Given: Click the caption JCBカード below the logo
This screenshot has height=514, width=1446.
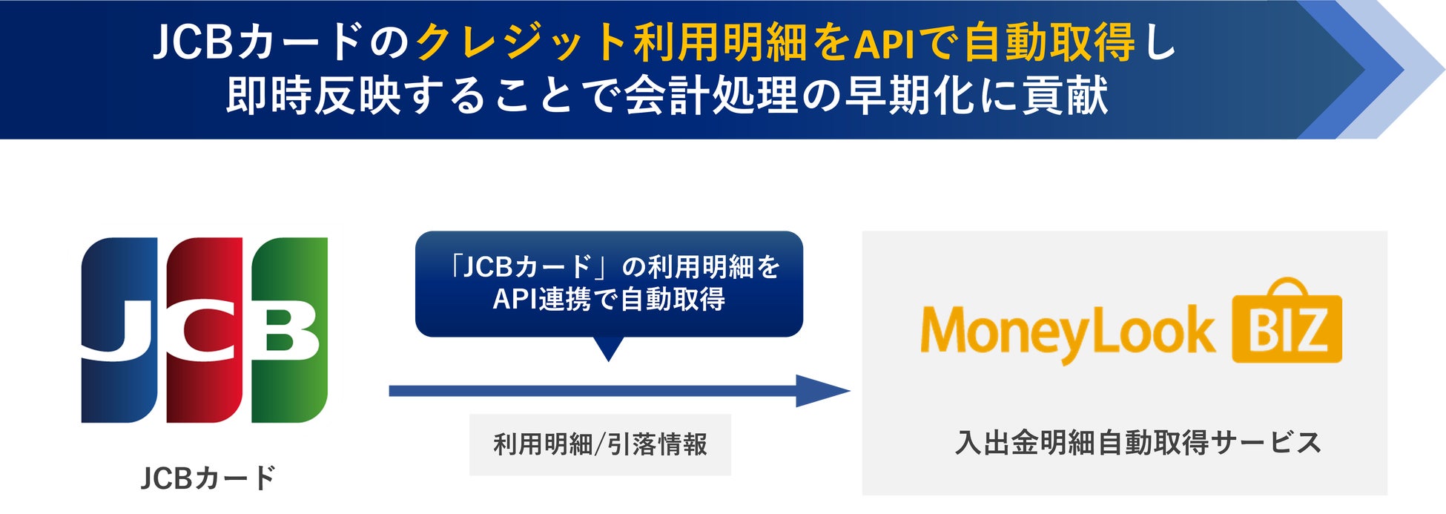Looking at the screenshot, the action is [208, 478].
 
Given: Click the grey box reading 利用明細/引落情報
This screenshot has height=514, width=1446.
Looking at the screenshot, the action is [600, 444].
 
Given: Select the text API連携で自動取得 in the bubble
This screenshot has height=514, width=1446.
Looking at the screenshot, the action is [609, 299].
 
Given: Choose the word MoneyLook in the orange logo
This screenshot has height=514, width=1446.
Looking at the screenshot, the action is [1068, 332].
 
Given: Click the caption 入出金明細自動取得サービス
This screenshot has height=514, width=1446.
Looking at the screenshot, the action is [1138, 443].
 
